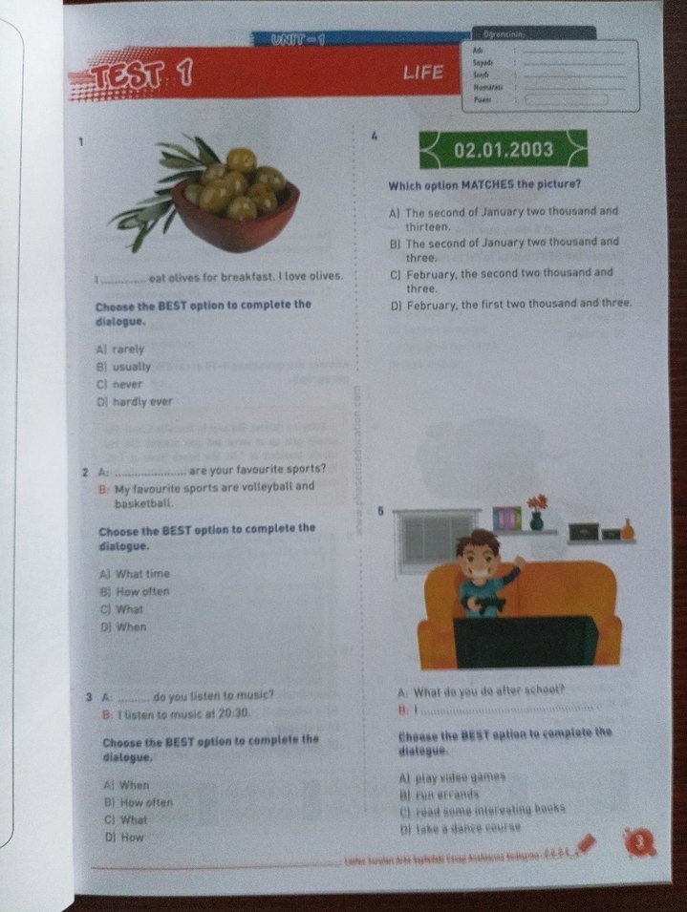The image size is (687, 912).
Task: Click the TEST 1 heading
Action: pos(141,77)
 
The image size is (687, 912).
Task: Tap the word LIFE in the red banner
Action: pos(423,73)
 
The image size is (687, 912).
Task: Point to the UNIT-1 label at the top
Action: pos(297,39)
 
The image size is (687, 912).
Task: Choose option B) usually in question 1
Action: pos(124,367)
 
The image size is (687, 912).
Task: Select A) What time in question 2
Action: pos(135,574)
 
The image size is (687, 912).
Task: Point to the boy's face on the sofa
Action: pos(473,556)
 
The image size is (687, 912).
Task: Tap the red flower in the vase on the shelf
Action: pos(537,502)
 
